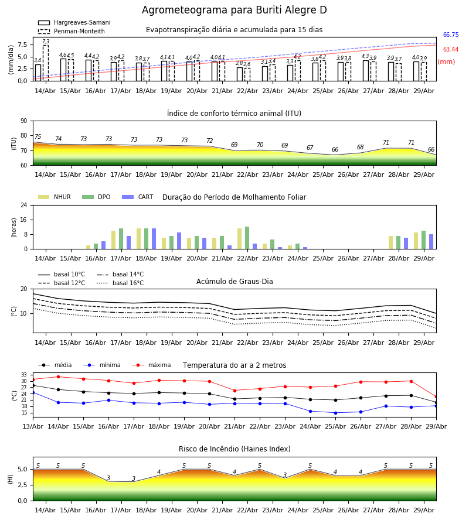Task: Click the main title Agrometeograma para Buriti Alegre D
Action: click(x=234, y=10)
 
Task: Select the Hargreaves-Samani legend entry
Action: click(x=74, y=22)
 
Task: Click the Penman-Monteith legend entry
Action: click(x=72, y=31)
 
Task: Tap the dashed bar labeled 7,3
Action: click(x=46, y=63)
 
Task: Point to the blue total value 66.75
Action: click(x=451, y=35)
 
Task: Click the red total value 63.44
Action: click(x=451, y=49)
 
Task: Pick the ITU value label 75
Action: click(x=38, y=136)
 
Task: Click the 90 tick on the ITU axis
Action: click(x=24, y=121)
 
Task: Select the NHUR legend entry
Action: click(x=55, y=197)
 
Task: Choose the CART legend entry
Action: click(x=138, y=197)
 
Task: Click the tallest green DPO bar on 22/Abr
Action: click(x=247, y=238)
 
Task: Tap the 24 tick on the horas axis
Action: click(x=24, y=205)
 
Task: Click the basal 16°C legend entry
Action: click(x=120, y=283)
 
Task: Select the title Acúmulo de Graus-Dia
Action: click(x=235, y=281)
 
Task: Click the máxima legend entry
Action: click(x=151, y=365)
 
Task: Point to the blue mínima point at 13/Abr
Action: click(x=33, y=392)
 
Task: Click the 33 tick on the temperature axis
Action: click(x=24, y=375)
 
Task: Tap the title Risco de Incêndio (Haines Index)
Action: click(x=235, y=449)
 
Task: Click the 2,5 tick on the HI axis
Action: click(x=23, y=485)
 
